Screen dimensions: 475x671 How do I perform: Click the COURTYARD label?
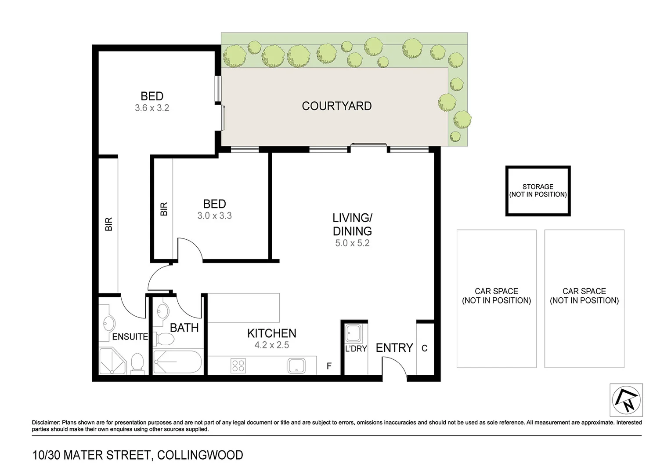coord(337,106)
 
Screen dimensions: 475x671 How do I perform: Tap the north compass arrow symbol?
coord(626,400)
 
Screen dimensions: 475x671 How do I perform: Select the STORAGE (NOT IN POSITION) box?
coord(538,191)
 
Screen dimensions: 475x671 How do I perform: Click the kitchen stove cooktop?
coord(238,366)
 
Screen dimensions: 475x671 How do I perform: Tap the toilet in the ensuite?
coord(137,363)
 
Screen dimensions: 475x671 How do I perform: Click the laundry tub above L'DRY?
coord(353,333)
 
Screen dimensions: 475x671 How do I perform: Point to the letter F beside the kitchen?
coord(329,366)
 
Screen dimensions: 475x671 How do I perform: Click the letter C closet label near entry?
coord(424,348)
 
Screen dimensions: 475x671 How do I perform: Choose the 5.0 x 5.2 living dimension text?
coord(352,243)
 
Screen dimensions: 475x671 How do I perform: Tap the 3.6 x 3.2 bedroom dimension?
coord(152,108)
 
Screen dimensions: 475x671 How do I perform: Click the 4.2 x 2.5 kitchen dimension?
coord(272,345)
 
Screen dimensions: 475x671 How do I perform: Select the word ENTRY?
coord(394,348)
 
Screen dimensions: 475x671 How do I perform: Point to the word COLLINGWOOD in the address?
coord(200,455)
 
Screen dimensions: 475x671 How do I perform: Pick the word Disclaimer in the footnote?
coord(46,423)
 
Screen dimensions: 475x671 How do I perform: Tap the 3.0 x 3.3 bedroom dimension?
coord(214,216)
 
